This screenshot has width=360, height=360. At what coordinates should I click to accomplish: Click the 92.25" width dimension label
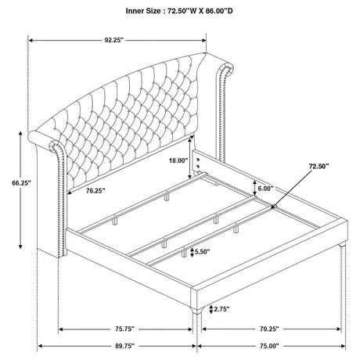tap(113, 40)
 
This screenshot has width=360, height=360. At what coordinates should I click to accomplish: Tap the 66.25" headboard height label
tap(21, 183)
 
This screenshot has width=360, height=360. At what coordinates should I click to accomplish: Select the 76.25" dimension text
tap(95, 191)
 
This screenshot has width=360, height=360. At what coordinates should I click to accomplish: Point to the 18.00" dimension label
tap(178, 160)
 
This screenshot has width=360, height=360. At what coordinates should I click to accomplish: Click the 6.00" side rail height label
tap(265, 189)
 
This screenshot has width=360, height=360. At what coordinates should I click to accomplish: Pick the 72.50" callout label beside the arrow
tap(319, 166)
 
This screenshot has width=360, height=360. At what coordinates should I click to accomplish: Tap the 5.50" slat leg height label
tap(202, 252)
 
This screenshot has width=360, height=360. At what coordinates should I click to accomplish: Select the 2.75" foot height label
tap(221, 309)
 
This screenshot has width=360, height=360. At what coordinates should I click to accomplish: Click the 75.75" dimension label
tap(124, 329)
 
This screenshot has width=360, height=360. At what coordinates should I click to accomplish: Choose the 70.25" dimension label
tap(269, 329)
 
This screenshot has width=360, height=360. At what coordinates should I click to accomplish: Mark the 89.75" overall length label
tap(124, 346)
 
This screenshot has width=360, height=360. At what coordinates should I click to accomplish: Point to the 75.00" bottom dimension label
tap(269, 346)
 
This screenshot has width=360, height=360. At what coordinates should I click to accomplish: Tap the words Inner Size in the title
tap(143, 11)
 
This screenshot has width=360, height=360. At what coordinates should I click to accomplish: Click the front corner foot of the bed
tap(197, 309)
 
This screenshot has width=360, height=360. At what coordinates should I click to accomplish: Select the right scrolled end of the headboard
tap(225, 68)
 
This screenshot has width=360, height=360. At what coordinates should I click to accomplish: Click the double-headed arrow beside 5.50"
tap(192, 252)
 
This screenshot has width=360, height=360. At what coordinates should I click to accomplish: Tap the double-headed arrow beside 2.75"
tap(211, 309)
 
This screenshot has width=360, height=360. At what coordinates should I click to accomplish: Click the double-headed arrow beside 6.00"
tap(254, 188)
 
